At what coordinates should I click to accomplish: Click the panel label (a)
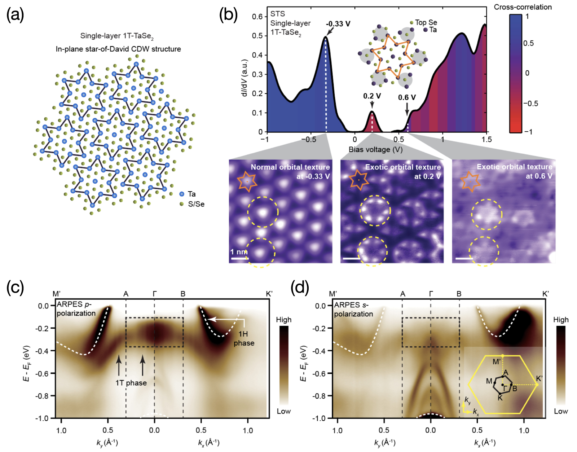tap(15, 16)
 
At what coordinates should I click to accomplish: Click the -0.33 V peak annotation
tap(338, 24)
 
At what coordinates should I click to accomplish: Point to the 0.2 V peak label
tap(372, 96)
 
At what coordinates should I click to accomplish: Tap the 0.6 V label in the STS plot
tap(407, 97)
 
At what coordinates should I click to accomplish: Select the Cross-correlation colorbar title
tap(523, 7)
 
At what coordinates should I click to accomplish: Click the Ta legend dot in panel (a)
tap(182, 194)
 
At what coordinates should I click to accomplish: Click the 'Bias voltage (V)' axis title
tap(375, 149)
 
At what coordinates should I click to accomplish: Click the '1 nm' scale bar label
tap(239, 251)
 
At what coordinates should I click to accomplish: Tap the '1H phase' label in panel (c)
tap(244, 338)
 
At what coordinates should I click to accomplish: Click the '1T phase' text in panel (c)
tap(131, 383)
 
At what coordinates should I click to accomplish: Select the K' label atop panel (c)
tap(269, 294)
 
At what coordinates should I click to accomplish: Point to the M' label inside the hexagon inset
tap(497, 361)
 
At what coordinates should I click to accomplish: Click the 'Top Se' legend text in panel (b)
tap(426, 22)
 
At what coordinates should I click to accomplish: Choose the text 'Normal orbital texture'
tap(290, 167)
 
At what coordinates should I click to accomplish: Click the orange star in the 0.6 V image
tap(470, 181)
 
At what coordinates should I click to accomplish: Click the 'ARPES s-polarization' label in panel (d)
tap(353, 310)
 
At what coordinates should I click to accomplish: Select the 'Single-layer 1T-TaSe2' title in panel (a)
tap(117, 36)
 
